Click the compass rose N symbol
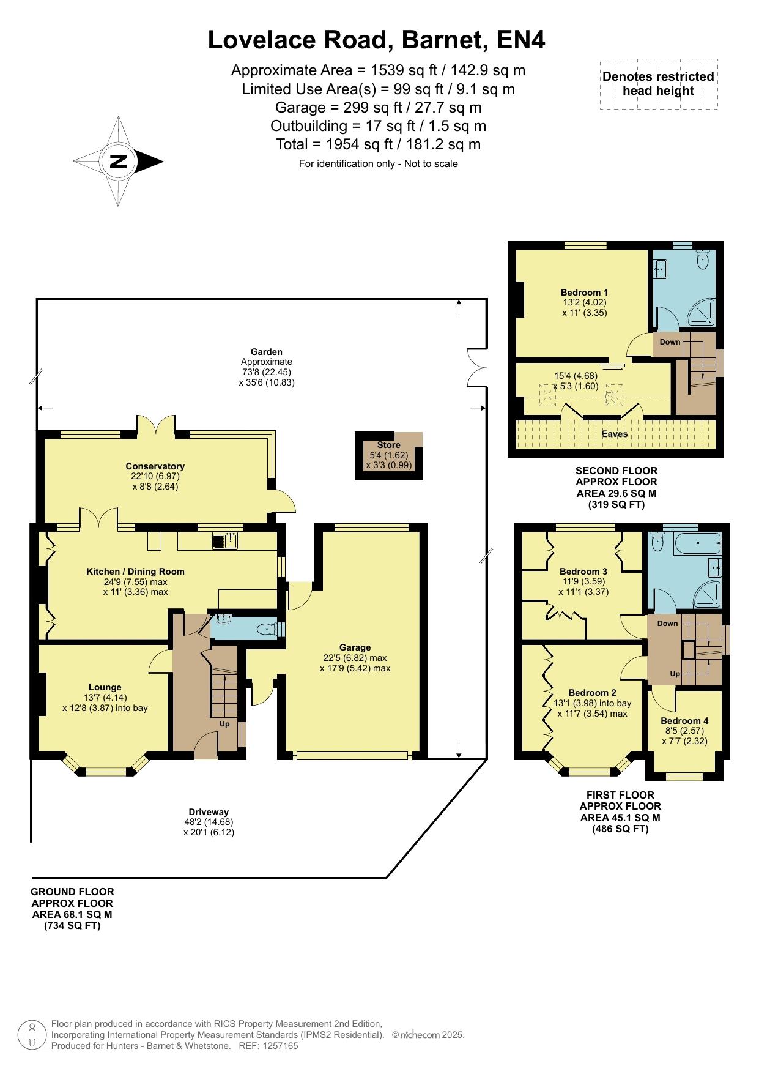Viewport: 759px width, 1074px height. pos(118,162)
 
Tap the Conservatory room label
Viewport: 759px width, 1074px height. pos(155,466)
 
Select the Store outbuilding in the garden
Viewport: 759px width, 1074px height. pos(389,455)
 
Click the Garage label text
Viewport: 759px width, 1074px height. pos(355,647)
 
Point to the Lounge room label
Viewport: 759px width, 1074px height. pos(105,687)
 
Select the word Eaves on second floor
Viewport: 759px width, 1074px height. pos(615,434)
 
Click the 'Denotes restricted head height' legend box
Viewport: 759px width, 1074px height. pos(659,84)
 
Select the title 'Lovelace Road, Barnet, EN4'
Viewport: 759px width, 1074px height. pos(377,40)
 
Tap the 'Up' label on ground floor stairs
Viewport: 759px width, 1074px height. pos(224,724)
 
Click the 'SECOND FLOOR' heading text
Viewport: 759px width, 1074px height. pos(616,471)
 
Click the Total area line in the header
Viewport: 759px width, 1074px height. pos(379,144)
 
